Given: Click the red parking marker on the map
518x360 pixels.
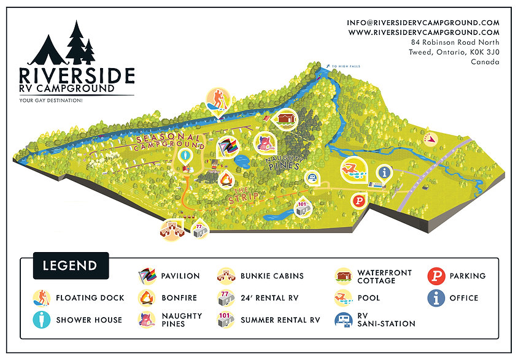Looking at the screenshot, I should pos(357,200).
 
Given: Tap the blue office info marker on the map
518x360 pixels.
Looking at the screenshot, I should pos(385,172).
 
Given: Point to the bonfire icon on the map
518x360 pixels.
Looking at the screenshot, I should pos(226,180).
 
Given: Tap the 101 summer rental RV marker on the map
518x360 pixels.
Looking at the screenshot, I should pos(302,207).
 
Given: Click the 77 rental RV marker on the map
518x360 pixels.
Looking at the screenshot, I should pos(199,230).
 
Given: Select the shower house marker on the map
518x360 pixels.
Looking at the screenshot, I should pos(187,156).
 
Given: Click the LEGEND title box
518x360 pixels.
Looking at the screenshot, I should pos(70,266).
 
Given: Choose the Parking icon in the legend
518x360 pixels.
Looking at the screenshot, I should pos(436,276).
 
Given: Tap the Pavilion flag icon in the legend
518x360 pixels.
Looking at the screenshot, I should pos(147,276).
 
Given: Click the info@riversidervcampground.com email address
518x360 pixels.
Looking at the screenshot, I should pos(423,23).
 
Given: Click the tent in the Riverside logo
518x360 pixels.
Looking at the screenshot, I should pos(47,51).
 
